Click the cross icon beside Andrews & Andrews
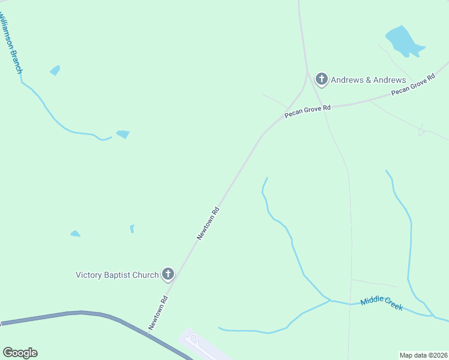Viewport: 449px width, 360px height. [x=322, y=79]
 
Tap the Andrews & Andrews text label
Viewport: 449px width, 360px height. [x=369, y=80]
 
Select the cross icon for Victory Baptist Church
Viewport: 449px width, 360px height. [x=168, y=275]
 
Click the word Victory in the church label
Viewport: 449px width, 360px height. [x=88, y=275]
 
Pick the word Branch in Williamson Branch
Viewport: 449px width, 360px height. [x=16, y=59]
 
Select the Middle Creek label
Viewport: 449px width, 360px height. [x=381, y=304]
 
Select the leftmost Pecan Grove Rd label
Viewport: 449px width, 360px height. [x=307, y=111]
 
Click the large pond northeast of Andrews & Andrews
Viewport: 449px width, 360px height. [x=403, y=40]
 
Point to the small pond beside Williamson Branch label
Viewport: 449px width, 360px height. [x=55, y=70]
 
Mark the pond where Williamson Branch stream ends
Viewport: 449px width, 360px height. [x=123, y=134]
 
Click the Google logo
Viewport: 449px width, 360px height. [x=20, y=353]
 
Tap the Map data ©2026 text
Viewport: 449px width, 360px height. [x=423, y=355]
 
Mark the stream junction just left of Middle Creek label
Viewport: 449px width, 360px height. [x=330, y=300]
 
